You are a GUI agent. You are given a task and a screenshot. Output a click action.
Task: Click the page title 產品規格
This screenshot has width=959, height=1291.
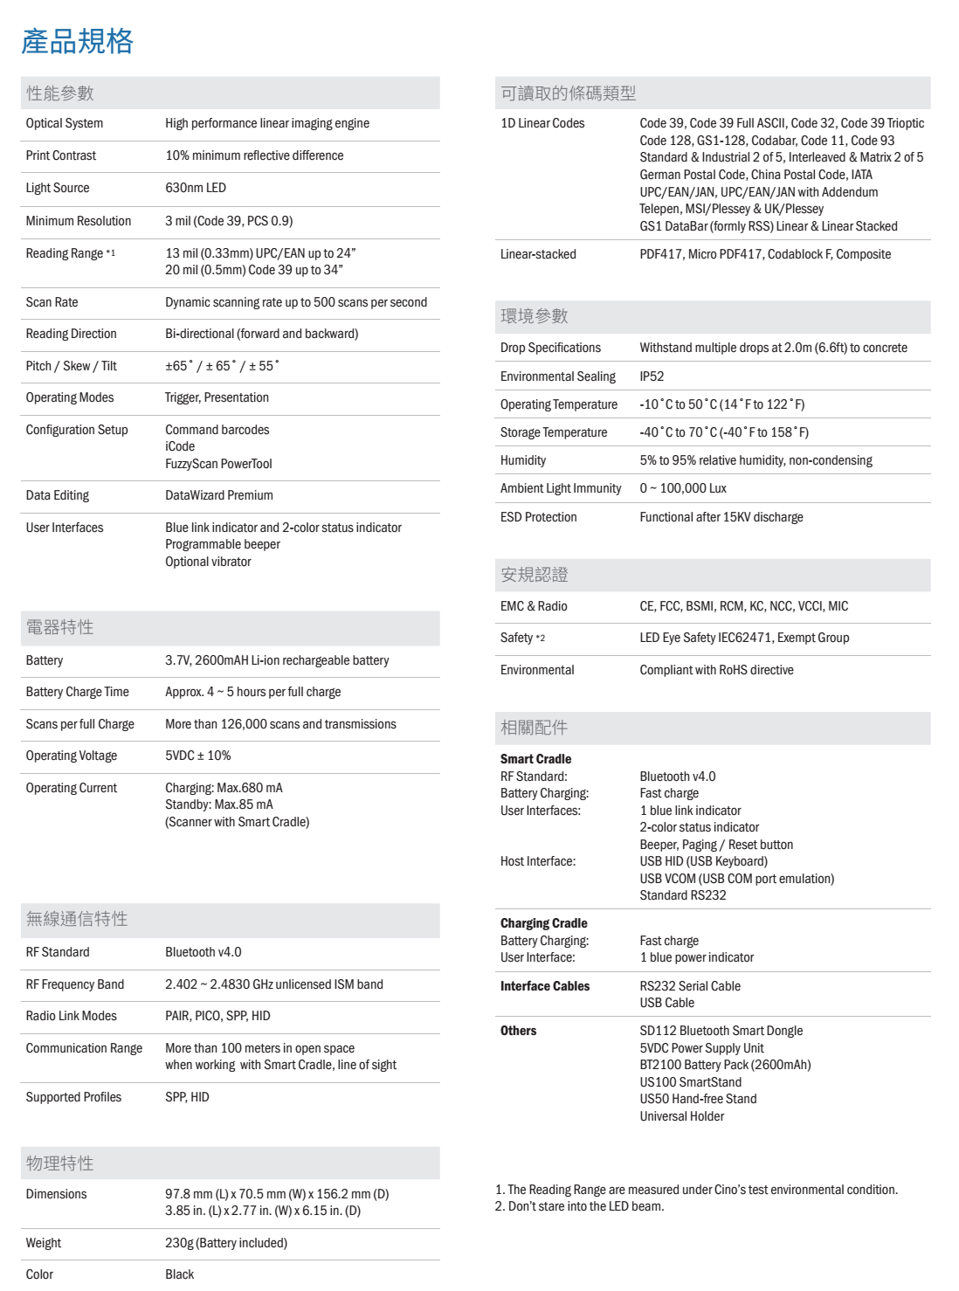click(77, 41)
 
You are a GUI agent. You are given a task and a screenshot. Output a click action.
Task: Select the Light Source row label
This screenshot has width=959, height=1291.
click(58, 188)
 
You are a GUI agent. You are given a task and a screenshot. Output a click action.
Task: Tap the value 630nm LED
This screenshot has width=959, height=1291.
click(196, 188)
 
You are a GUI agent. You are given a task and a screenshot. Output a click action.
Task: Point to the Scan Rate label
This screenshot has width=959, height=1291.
click(52, 302)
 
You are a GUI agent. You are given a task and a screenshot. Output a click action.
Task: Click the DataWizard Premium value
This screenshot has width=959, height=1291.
click(219, 495)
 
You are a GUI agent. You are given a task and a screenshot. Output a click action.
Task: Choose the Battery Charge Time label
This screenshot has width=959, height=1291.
click(77, 692)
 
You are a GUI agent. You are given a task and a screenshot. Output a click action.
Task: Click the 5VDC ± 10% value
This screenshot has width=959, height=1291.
click(198, 756)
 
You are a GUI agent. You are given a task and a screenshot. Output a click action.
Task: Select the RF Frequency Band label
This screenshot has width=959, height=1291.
click(75, 984)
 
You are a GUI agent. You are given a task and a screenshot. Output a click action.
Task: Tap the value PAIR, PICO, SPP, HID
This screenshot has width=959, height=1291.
click(217, 1016)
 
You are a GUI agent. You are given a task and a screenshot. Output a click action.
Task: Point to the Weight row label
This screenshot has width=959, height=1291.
click(44, 1243)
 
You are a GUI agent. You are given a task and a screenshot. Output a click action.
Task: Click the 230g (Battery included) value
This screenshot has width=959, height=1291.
click(226, 1243)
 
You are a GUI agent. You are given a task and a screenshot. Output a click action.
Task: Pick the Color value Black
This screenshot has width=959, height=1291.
click(180, 1274)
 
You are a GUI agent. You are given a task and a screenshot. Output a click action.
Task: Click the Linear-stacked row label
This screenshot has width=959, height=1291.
click(538, 254)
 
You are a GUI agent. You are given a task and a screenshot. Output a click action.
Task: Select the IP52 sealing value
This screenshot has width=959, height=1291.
click(652, 376)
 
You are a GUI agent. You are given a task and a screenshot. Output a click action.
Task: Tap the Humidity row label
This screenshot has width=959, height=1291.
click(523, 460)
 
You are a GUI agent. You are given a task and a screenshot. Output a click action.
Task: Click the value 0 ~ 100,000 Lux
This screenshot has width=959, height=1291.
click(683, 488)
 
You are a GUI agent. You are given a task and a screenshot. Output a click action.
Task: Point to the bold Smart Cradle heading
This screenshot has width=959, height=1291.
click(535, 759)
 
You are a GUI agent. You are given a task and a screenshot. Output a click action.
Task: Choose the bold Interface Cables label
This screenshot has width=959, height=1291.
click(545, 986)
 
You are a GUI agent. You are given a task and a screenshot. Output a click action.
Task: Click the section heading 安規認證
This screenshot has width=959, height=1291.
click(535, 575)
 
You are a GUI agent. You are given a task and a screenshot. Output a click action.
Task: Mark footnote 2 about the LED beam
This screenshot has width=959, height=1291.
click(580, 1206)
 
